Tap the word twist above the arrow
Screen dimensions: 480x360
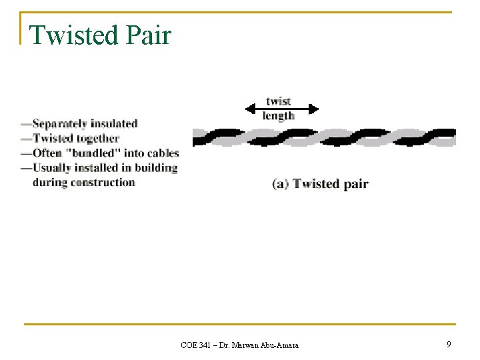(x=279, y=101)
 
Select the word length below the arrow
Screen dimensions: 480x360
(x=279, y=116)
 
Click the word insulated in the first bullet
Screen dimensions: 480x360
(x=113, y=124)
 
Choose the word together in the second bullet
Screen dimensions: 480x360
(x=96, y=139)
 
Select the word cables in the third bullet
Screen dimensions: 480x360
(x=163, y=153)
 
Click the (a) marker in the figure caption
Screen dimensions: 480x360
(x=281, y=184)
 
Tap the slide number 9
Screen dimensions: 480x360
(x=449, y=344)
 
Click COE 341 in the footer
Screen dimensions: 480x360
(x=196, y=345)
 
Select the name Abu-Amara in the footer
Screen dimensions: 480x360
(x=278, y=345)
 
